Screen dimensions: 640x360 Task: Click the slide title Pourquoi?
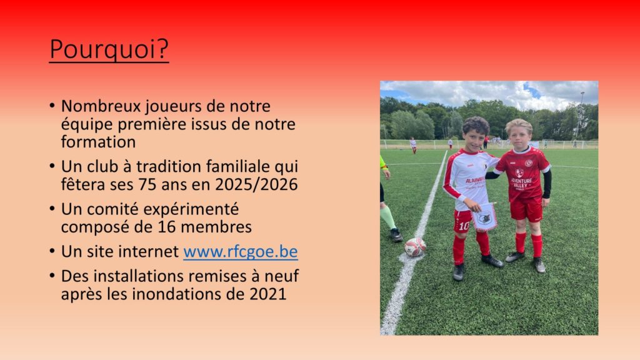109,49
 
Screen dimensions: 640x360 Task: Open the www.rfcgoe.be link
241,251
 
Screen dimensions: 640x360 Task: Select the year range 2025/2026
256,184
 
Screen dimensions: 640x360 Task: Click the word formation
98,142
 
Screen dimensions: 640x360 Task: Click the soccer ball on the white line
415,247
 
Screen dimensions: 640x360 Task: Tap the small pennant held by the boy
484,217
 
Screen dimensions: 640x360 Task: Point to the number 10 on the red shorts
464,226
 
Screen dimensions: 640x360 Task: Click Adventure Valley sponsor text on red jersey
521,183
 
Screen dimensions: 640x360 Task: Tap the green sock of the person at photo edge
387,217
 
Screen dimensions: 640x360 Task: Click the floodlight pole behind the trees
581,114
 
